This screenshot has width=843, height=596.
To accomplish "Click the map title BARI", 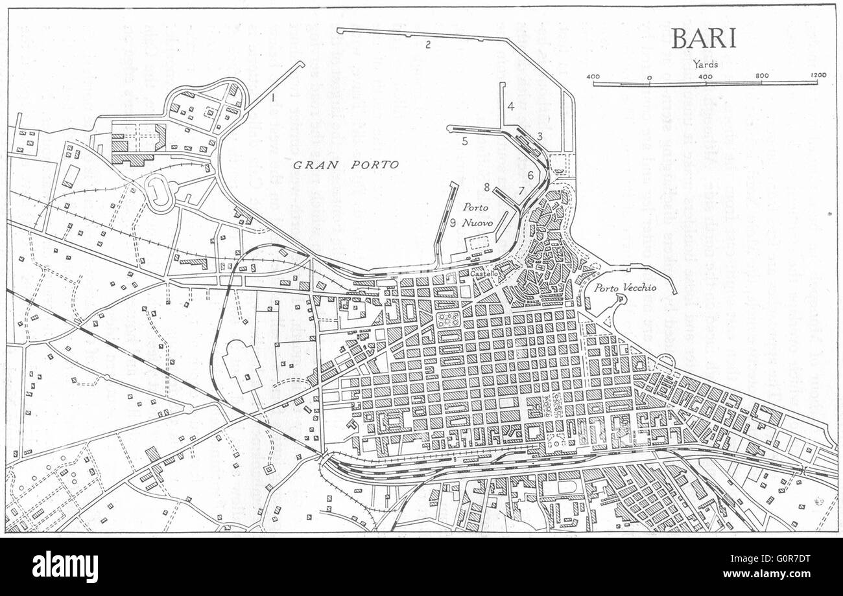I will pos(704,38).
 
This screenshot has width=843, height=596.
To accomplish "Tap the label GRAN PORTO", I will pos(346,165).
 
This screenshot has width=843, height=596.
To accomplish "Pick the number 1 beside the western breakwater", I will pos(274,98).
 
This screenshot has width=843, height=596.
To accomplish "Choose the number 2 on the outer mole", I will pos(428,45).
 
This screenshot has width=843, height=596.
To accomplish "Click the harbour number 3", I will pos(540,135).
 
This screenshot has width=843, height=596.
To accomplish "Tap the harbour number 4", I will pos(511,106).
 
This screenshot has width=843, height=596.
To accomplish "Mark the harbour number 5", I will pos(465,141).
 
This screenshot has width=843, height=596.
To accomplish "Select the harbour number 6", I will pos(530,175).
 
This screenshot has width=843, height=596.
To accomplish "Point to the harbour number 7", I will pos(521,190).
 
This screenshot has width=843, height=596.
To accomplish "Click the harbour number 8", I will pos(486,188).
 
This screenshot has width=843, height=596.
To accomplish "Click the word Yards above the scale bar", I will pos(705,64).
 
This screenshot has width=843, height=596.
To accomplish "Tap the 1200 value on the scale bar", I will pos(818,76).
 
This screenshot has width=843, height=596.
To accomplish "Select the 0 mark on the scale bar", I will pos(649,76).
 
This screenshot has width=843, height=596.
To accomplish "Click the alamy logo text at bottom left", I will pos(65,567).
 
